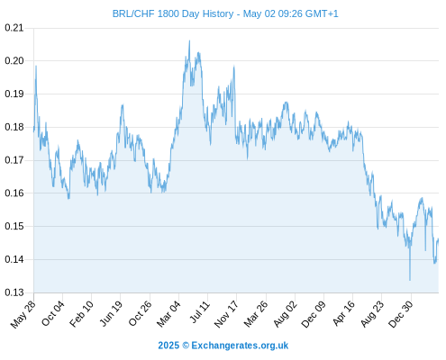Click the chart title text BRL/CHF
point(133,13)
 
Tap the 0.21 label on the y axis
point(14,28)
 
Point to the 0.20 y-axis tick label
point(14,61)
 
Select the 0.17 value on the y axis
point(14,160)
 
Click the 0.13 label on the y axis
point(14,292)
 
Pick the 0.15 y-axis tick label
point(14,226)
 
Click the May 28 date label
point(23,314)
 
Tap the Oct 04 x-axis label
point(53,313)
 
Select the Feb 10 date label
point(81,314)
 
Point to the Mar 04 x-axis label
point(168,314)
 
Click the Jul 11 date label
point(200,312)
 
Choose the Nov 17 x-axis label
point(226,314)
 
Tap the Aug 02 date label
point(286,314)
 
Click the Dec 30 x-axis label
point(401,314)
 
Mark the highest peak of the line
point(189,40)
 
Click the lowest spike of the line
point(410,280)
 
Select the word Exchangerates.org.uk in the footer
point(240,346)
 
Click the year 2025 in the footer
point(168,346)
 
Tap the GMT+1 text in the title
point(322,13)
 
